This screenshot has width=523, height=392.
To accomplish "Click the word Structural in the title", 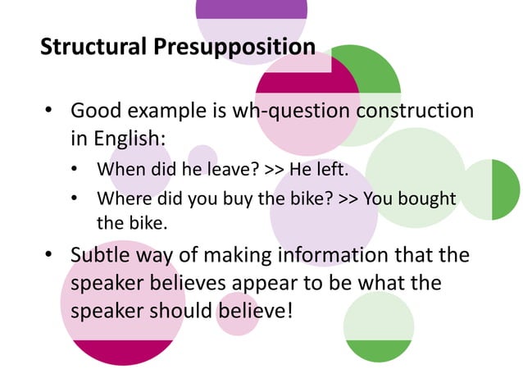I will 94,46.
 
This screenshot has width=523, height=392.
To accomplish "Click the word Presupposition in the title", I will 234,46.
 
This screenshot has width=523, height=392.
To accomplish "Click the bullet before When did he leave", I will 76,171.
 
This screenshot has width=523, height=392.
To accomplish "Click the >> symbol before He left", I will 275,171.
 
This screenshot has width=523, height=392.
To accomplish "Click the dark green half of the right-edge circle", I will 505,189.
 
